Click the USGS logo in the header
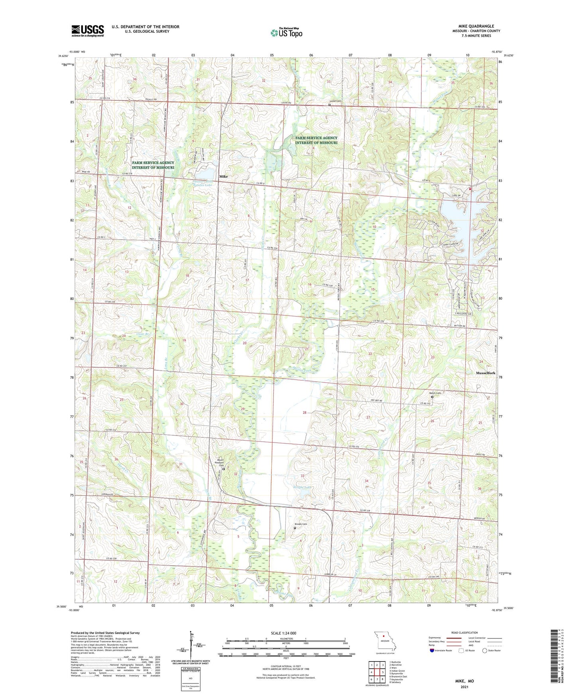[x=87, y=31]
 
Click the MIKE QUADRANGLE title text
[x=476, y=26]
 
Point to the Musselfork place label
[x=486, y=373]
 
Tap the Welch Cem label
[x=435, y=393]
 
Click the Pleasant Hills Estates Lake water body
[x=205, y=174]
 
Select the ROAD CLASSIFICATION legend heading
[x=464, y=633]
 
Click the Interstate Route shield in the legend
[x=432, y=650]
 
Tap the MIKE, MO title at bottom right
[x=464, y=681]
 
